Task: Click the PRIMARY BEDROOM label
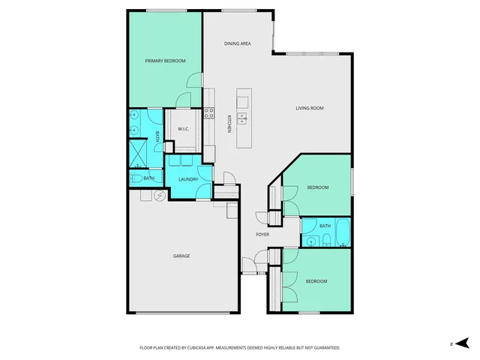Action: (x=164, y=61)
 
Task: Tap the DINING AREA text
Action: (x=237, y=43)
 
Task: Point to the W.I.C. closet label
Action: (x=182, y=129)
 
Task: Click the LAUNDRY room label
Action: (x=187, y=179)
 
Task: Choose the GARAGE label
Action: (x=181, y=256)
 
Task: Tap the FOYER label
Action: (x=262, y=235)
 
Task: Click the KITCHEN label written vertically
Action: (x=229, y=123)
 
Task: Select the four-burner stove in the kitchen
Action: (x=208, y=113)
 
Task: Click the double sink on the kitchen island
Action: (x=243, y=118)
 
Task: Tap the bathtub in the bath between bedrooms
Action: (x=343, y=233)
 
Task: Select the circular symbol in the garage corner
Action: (x=159, y=196)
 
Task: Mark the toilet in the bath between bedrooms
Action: (x=327, y=240)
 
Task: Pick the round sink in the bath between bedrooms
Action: (x=310, y=241)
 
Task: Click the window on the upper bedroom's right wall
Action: (x=351, y=184)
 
